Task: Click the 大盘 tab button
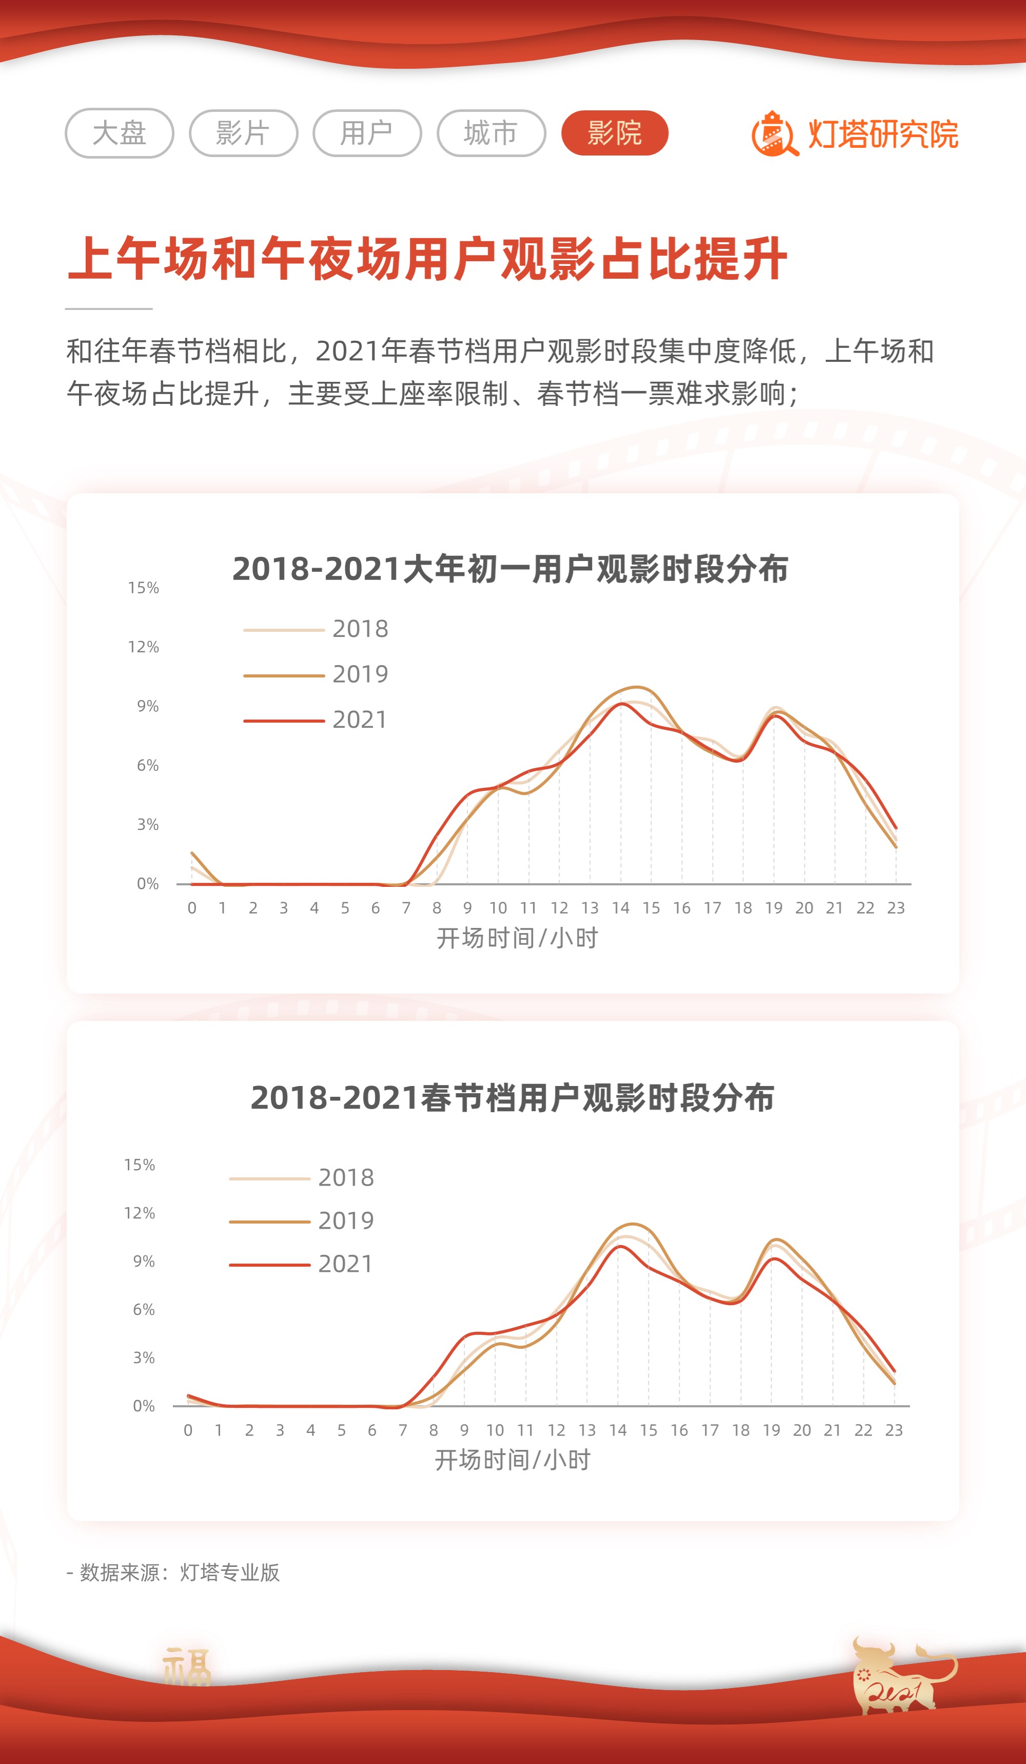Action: coord(119,133)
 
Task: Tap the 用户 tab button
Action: coord(367,133)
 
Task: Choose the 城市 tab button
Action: coord(490,133)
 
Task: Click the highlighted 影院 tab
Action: coord(615,133)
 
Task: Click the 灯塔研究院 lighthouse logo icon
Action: coord(774,134)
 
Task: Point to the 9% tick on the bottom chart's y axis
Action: coord(144,1262)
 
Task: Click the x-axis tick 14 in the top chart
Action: coord(620,908)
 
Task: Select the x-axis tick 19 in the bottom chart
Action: coord(771,1430)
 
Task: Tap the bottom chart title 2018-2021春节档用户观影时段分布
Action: coord(512,1098)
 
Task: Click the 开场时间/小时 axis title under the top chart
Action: coord(517,938)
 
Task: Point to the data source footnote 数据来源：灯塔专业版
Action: coord(173,1573)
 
